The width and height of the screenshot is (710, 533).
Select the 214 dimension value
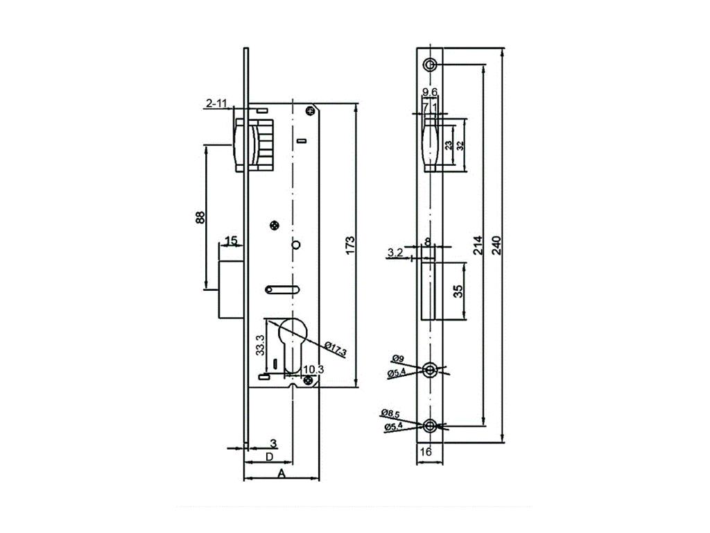click(x=478, y=246)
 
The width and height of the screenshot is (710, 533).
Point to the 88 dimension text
click(x=200, y=217)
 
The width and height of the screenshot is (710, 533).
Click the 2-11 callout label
click(x=216, y=104)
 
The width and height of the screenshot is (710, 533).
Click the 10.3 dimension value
click(x=313, y=369)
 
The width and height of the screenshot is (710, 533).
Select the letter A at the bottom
click(x=281, y=473)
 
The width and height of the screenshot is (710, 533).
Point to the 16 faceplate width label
click(x=426, y=452)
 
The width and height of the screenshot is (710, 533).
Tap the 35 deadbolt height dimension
click(x=458, y=290)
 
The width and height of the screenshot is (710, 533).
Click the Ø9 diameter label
click(x=398, y=359)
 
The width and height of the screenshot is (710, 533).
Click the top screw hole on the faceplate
click(x=431, y=65)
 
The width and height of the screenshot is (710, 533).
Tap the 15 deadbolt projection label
click(x=231, y=241)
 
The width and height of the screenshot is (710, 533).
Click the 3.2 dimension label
click(x=396, y=253)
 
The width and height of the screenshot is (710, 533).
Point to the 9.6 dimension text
click(x=430, y=92)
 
